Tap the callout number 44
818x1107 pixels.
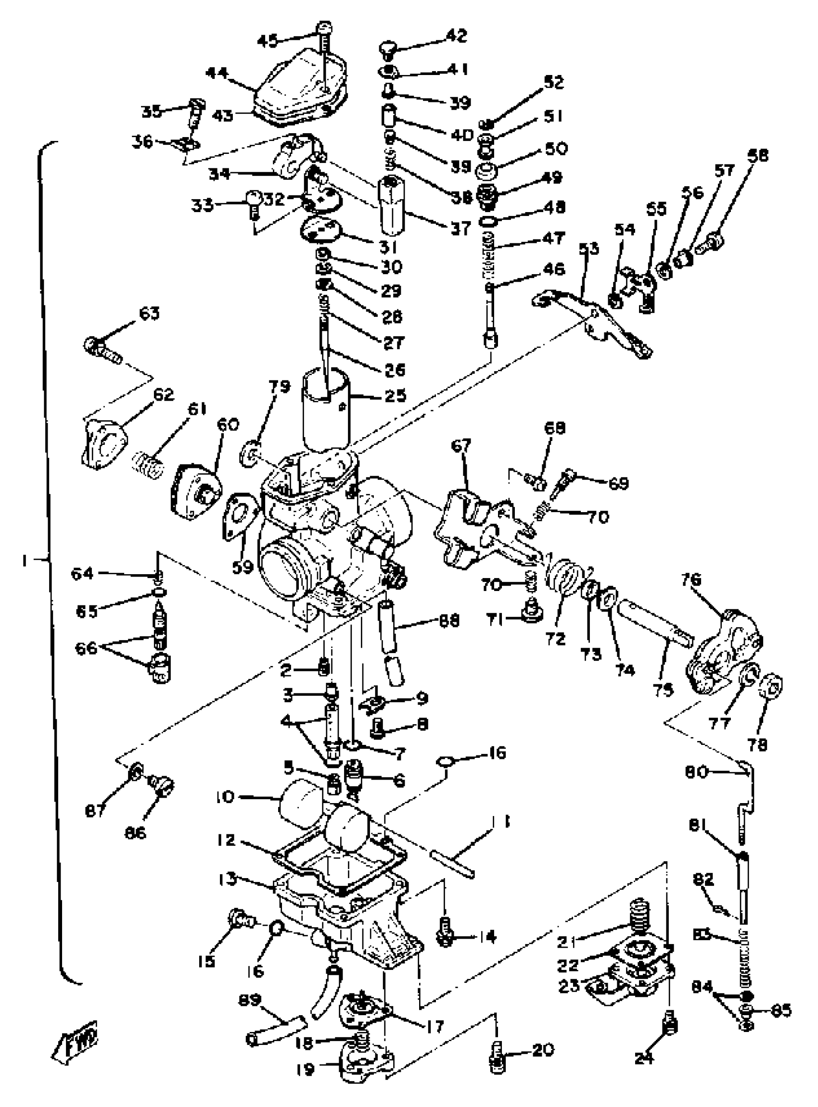(217, 74)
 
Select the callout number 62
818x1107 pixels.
(164, 394)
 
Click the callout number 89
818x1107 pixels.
(250, 1000)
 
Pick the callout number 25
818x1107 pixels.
(395, 395)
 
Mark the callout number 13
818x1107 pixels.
(227, 880)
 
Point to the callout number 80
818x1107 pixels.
(696, 772)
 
